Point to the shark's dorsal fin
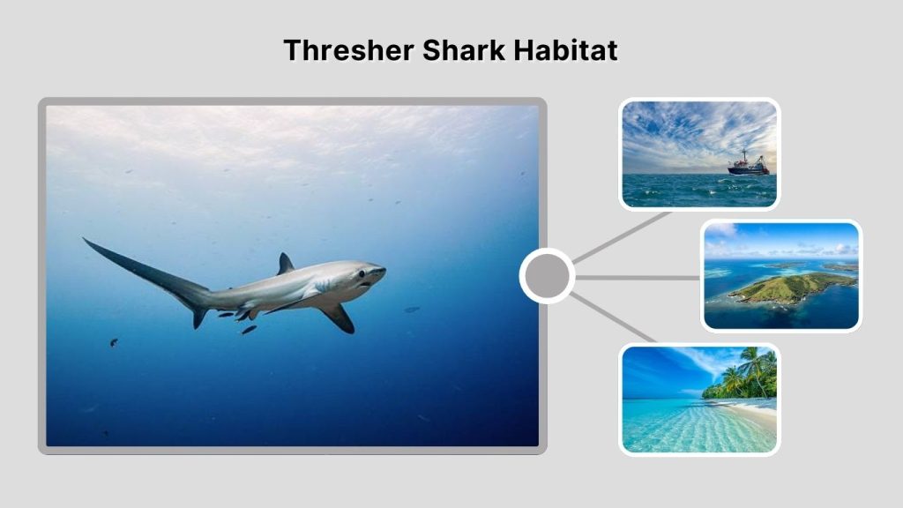284,265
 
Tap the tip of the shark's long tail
86,240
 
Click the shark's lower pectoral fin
338,317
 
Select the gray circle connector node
547,277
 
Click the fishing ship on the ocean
748,164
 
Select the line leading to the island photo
639,277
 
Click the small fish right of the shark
412,310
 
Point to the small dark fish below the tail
114,342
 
